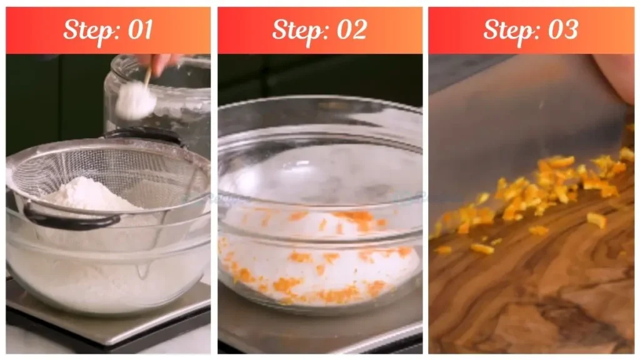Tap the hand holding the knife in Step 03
pos(616,75)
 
